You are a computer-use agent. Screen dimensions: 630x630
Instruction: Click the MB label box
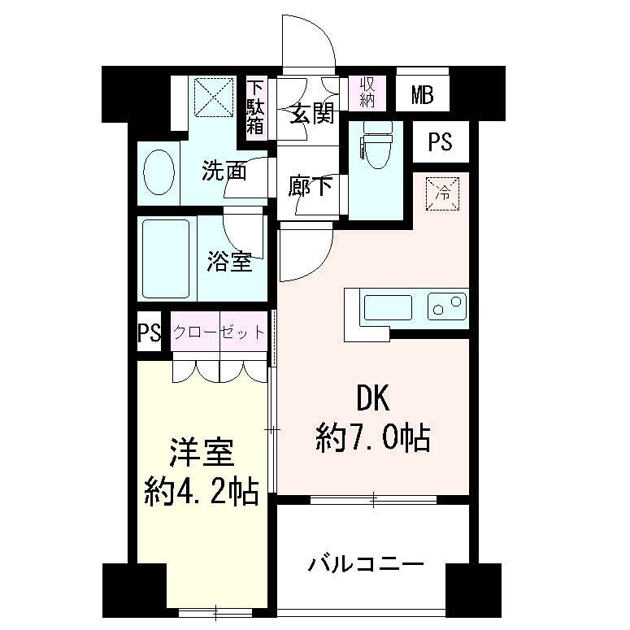point(422,95)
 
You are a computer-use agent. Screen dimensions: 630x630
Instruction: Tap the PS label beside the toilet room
point(440,142)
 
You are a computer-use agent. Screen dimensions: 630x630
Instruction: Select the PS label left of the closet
point(149,333)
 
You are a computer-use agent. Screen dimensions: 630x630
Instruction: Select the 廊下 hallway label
point(311,187)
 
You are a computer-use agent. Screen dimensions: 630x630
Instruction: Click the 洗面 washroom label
point(224,171)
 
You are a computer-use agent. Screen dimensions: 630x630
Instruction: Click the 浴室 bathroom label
point(228,262)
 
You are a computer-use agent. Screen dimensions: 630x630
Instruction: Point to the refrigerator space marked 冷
point(443,193)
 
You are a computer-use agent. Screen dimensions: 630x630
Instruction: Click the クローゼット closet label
point(219,332)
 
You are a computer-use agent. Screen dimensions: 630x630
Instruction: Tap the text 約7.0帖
point(373,438)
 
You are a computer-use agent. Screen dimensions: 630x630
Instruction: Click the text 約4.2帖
point(202,490)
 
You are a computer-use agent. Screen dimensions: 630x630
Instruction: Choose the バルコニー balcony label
point(366,563)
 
